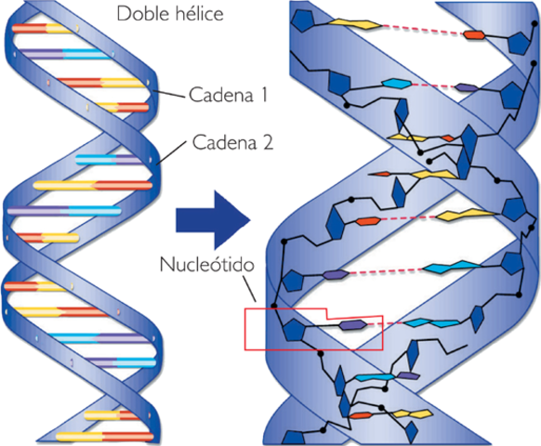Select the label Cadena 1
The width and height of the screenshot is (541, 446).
[x=229, y=94]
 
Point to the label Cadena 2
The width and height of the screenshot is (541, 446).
[x=232, y=143]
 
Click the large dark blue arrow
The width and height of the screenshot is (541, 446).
[x=211, y=220]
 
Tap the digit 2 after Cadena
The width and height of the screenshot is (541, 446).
[x=267, y=143]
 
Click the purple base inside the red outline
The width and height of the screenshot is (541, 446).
[x=352, y=324]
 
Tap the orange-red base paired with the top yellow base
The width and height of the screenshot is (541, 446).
[x=475, y=35]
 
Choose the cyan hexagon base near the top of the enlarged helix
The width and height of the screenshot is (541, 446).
[x=395, y=84]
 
